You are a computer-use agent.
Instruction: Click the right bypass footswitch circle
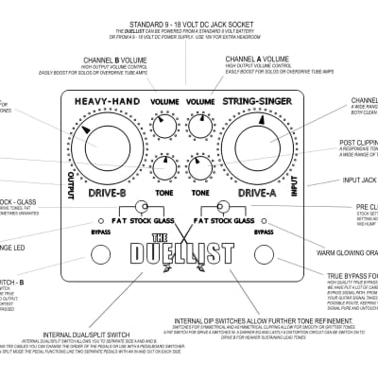click(x=265, y=253)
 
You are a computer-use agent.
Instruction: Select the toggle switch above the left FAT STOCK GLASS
click(x=143, y=207)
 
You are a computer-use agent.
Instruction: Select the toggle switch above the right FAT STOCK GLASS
click(x=224, y=207)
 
